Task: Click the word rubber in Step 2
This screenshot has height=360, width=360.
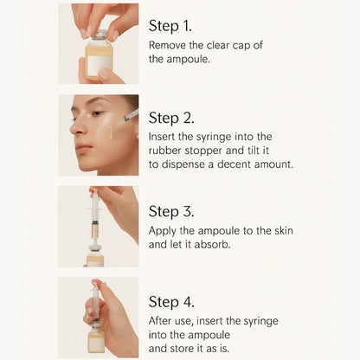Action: point(165,151)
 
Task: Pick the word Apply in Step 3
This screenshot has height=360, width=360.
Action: point(164,231)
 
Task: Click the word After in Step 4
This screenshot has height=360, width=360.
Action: point(163,322)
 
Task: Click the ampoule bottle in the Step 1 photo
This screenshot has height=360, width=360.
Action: point(100,59)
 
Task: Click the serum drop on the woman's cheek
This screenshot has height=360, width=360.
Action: point(109,132)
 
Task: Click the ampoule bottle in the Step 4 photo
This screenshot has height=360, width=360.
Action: point(96,337)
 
